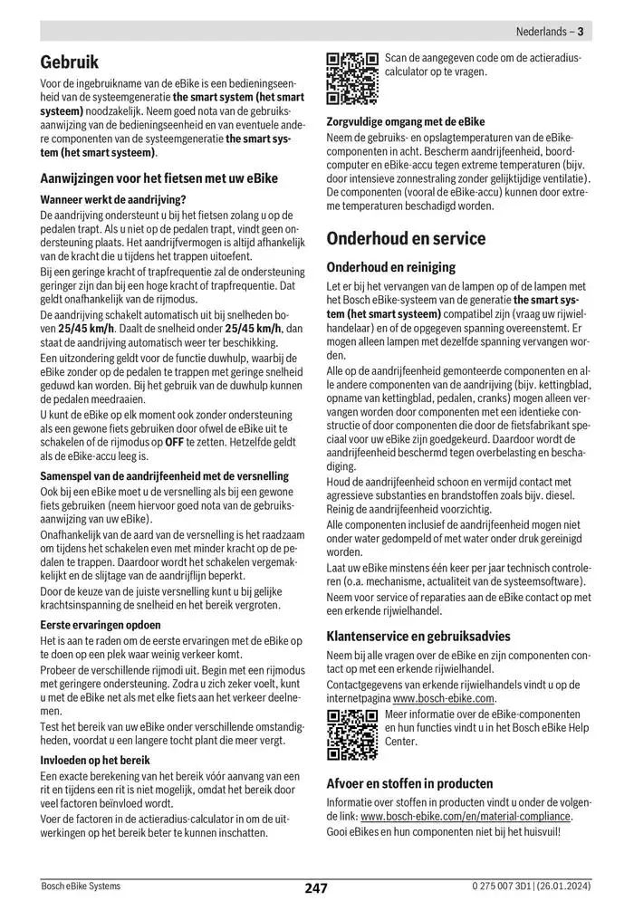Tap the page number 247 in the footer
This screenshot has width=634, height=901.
pos(316,888)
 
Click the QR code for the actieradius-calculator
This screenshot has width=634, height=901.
pos(351,79)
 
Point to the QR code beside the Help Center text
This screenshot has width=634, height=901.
pos(351,734)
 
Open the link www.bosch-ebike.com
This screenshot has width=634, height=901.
pos(445,698)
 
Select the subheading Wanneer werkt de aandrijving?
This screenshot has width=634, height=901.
pos(113,199)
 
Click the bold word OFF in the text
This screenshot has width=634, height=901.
pos(175,441)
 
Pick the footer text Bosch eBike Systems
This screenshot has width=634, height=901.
pos(80,886)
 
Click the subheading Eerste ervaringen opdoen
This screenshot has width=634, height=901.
pos(101,625)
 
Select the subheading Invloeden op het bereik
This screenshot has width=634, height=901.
pos(95,760)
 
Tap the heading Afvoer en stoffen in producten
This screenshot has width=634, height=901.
pos(409,783)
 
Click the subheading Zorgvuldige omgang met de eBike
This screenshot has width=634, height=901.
pos(405,121)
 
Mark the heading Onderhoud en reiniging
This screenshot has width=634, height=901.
pos(390,267)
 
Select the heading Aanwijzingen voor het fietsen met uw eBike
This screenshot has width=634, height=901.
pos(161,178)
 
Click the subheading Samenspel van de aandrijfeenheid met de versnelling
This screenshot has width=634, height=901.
pos(165,475)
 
